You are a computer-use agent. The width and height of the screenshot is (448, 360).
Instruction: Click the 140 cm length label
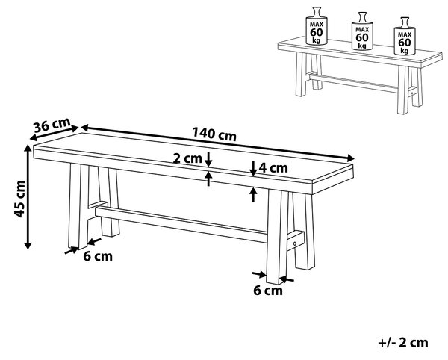[x=214, y=134]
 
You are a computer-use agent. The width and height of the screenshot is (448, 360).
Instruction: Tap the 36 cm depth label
[x=52, y=125]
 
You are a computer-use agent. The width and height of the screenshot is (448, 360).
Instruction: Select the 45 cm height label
[x=20, y=199]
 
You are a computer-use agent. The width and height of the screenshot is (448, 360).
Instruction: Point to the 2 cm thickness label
[x=187, y=158]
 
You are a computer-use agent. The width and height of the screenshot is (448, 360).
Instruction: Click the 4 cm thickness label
[x=273, y=168]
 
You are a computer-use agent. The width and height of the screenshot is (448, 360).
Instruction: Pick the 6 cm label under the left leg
[x=98, y=256]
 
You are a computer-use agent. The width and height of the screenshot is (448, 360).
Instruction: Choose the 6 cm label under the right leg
[x=268, y=291]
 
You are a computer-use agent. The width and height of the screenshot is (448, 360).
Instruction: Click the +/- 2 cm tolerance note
[x=403, y=342]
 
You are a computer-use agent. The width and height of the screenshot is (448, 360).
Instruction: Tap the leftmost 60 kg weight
[x=317, y=26]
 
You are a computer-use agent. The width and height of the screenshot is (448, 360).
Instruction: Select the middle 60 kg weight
[x=362, y=31]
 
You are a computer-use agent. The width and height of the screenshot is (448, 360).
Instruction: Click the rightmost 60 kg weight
[x=405, y=37]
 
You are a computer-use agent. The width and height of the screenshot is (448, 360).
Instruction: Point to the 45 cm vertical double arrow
[x=28, y=197]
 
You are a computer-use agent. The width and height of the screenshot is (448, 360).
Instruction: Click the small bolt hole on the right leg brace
[x=295, y=243]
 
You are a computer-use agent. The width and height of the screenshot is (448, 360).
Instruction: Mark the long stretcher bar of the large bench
[x=181, y=225]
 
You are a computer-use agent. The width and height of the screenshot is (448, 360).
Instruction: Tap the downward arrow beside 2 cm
[x=209, y=159]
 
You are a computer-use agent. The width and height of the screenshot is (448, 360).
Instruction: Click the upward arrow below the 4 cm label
[x=253, y=195]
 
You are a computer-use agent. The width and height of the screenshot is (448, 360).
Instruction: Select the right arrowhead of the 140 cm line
[x=351, y=158]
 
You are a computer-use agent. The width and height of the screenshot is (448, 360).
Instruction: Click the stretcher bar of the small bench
[x=353, y=83]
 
